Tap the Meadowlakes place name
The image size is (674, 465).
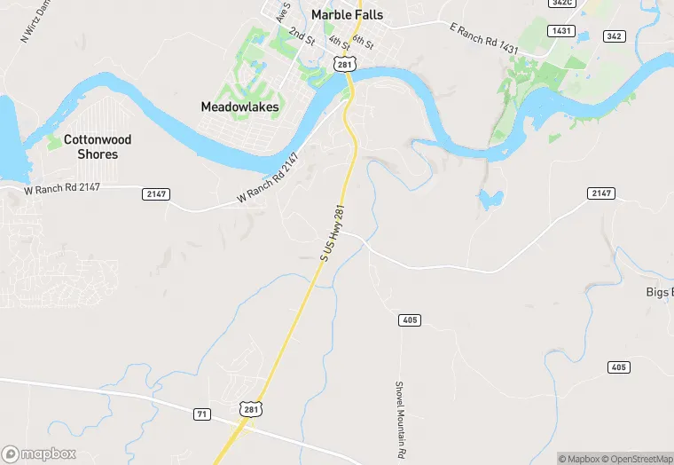tap(239, 107)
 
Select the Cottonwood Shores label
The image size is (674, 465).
tap(98, 147)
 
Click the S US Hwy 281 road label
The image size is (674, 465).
tap(332, 230)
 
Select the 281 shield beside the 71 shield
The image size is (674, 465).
tap(250, 407)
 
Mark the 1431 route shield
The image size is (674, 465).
tap(560, 30)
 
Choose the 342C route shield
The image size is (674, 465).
tap(586, 3)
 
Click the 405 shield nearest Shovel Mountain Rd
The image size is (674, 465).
tap(410, 319)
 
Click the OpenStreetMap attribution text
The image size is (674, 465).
tap(636, 459)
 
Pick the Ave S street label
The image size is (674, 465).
tap(283, 12)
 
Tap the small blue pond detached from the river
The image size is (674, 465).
tap(489, 199)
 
